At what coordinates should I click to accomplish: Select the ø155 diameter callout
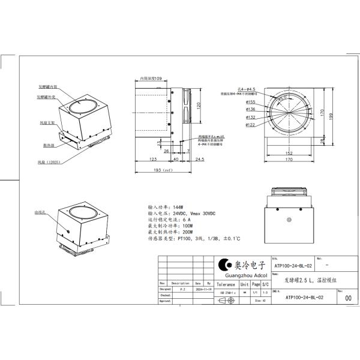(x=250, y=103)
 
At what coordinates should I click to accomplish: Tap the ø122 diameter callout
(x=250, y=125)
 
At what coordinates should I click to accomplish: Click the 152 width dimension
(x=289, y=153)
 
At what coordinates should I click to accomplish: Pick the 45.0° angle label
(x=283, y=97)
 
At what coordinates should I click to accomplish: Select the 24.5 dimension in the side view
(x=199, y=160)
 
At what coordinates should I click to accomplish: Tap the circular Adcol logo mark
(x=223, y=265)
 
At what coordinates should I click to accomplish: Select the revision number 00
(x=341, y=295)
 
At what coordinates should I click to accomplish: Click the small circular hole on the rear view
(x=290, y=221)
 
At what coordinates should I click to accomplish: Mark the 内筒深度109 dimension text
(x=152, y=79)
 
